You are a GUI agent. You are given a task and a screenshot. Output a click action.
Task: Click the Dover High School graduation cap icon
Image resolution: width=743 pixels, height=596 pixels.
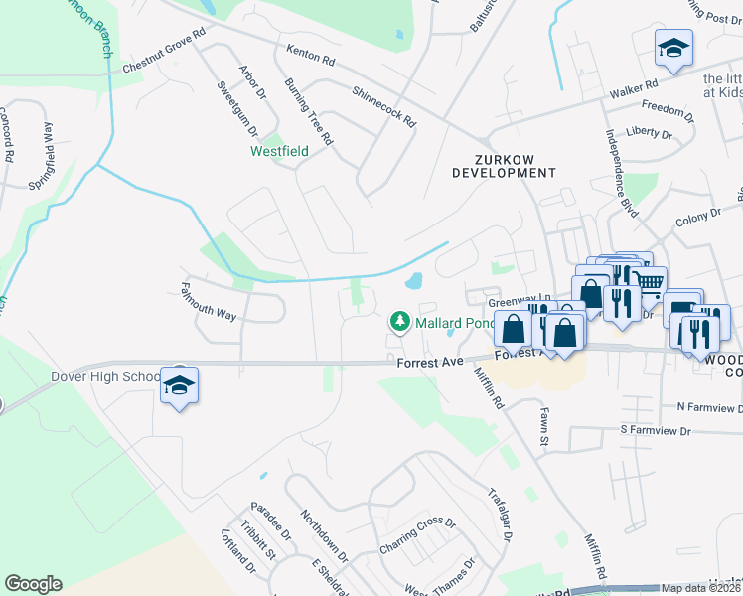[180, 384]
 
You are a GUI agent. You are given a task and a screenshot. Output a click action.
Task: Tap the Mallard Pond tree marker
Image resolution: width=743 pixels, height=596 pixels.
[399, 321]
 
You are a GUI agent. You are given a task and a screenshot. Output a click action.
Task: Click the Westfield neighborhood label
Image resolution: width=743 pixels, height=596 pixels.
[278, 152]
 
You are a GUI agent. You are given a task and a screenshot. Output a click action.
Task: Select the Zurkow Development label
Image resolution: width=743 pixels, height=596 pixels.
[504, 165]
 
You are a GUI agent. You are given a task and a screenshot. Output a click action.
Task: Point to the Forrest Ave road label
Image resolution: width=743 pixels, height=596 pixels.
[431, 363]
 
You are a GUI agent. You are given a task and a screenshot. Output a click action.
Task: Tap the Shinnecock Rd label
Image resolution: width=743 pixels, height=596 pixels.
[383, 103]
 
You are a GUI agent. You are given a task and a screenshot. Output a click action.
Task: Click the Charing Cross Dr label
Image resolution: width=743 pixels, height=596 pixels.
[417, 536]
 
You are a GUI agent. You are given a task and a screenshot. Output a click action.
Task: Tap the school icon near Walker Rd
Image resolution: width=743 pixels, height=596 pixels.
[673, 47]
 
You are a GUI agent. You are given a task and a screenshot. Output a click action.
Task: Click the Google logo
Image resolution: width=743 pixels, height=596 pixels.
[33, 584]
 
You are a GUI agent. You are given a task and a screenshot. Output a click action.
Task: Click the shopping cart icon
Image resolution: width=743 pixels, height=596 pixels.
[649, 284]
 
